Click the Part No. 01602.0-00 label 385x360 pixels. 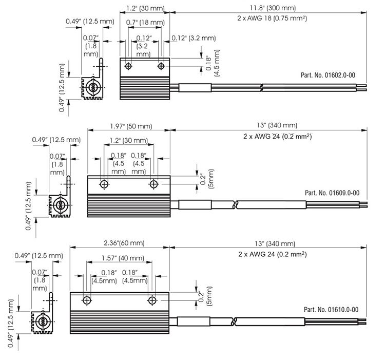pyautogui.click(x=328, y=75)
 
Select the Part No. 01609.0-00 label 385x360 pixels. pyautogui.click(x=332, y=193)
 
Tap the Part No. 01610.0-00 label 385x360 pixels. pyautogui.click(x=331, y=309)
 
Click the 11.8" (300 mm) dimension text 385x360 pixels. pyautogui.click(x=273, y=8)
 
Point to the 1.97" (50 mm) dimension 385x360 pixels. pyautogui.click(x=131, y=126)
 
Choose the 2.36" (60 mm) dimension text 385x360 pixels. pyautogui.click(x=124, y=243)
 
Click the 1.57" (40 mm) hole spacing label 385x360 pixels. pyautogui.click(x=123, y=258)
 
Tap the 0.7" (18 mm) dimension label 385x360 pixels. pyautogui.click(x=145, y=23)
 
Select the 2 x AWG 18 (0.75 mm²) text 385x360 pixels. pyautogui.click(x=272, y=18)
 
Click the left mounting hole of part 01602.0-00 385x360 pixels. pyautogui.click(x=128, y=66)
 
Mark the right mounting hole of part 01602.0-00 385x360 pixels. pyautogui.click(x=161, y=66)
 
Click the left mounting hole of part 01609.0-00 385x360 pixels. pyautogui.click(x=104, y=184)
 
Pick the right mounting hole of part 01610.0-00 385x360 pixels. pyautogui.click(x=152, y=300)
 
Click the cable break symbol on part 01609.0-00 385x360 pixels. pyautogui.click(x=235, y=204)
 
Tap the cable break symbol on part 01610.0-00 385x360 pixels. pyautogui.click(x=234, y=321)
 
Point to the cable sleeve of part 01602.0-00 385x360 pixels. pyautogui.click(x=195, y=88)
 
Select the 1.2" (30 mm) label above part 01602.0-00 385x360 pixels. pyautogui.click(x=145, y=8)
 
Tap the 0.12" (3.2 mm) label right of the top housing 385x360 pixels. pyautogui.click(x=194, y=38)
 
